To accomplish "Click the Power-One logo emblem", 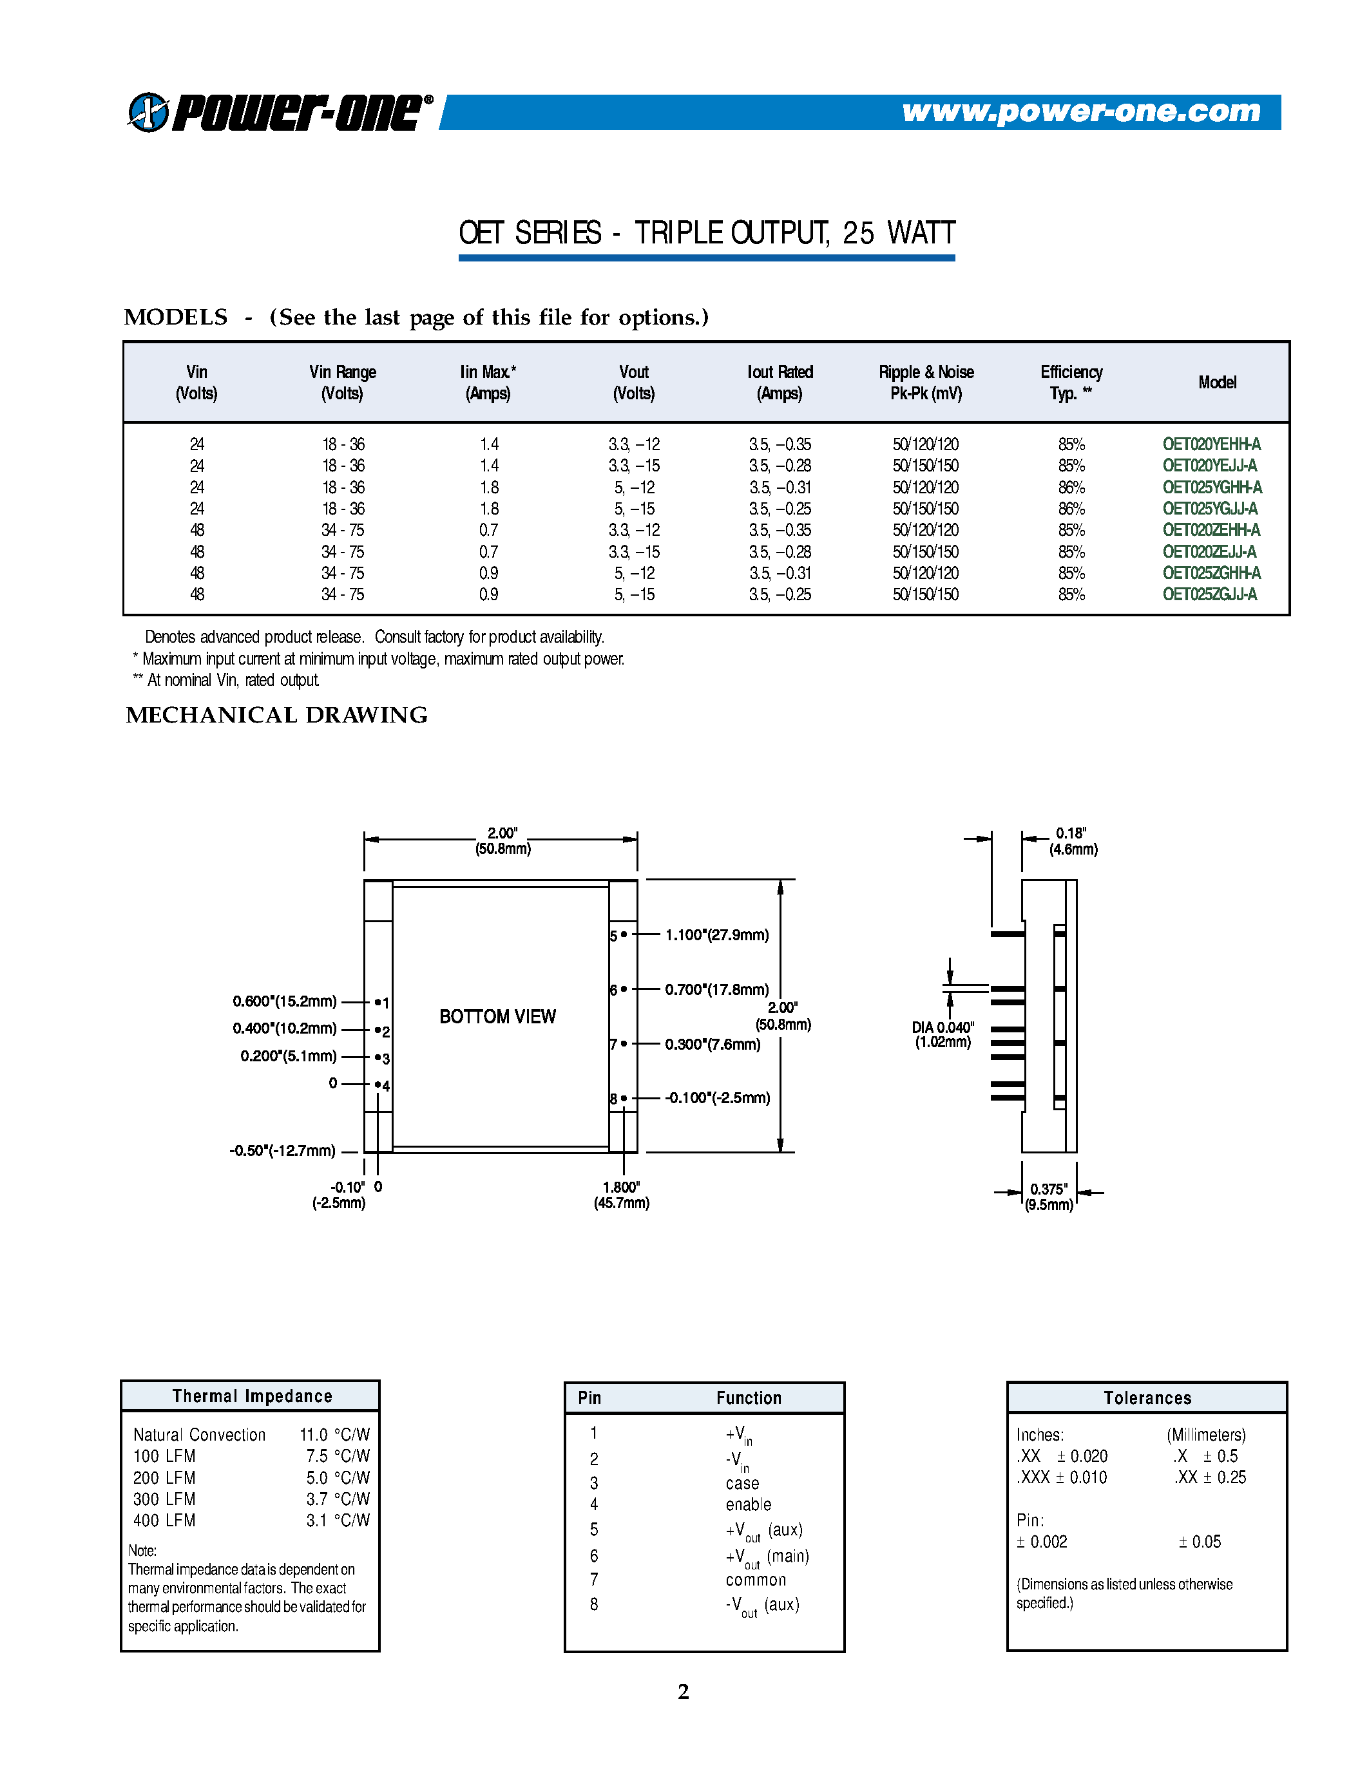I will (148, 112).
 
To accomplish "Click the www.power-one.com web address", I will (1081, 111).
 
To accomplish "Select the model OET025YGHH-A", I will (1212, 488).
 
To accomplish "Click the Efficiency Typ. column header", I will (1071, 382).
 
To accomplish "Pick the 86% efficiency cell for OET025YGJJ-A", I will (1071, 508).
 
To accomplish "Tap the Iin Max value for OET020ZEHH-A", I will (488, 529).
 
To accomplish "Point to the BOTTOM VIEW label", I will (497, 1016).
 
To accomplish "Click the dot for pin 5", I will (624, 934).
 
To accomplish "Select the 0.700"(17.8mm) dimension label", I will (716, 989).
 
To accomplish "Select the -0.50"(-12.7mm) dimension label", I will (282, 1151).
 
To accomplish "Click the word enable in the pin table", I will (748, 1504).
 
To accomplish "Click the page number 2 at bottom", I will (683, 1692).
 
